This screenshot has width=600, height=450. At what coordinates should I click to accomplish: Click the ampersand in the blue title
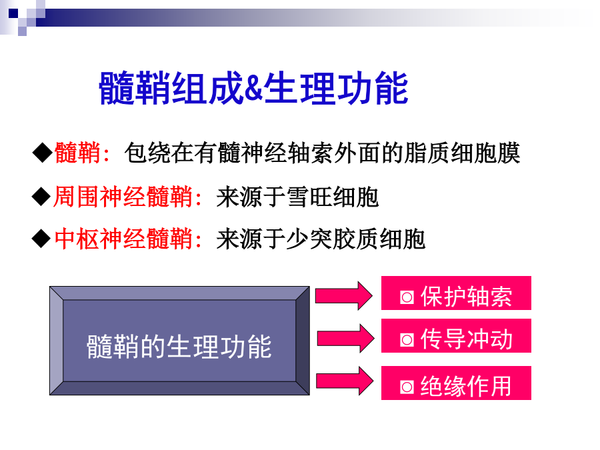click(x=253, y=89)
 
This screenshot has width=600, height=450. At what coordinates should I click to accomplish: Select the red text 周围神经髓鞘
click(x=123, y=197)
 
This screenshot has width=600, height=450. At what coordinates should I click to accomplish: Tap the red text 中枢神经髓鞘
click(x=123, y=239)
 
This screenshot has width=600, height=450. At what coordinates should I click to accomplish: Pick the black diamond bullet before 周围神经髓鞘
click(x=41, y=197)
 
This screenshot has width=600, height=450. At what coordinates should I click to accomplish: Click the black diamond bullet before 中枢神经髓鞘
click(x=41, y=239)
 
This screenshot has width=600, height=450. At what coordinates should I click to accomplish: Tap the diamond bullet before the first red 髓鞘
click(x=42, y=153)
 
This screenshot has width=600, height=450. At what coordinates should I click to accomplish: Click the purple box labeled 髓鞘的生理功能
click(x=179, y=341)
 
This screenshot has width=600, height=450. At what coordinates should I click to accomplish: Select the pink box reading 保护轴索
click(x=456, y=293)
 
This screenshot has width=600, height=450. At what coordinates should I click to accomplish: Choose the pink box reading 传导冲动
click(x=456, y=335)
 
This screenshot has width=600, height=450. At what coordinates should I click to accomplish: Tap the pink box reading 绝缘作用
click(x=456, y=383)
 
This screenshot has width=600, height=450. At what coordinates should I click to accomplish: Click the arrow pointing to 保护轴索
click(x=343, y=296)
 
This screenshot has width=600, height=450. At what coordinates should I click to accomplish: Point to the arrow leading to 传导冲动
click(x=345, y=338)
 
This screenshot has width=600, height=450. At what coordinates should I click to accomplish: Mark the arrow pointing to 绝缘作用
click(x=345, y=381)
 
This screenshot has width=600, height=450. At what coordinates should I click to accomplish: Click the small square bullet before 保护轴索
click(x=407, y=297)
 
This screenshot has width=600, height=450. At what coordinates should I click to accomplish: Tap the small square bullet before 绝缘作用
click(x=407, y=387)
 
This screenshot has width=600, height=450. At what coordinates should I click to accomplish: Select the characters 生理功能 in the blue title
click(x=335, y=89)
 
